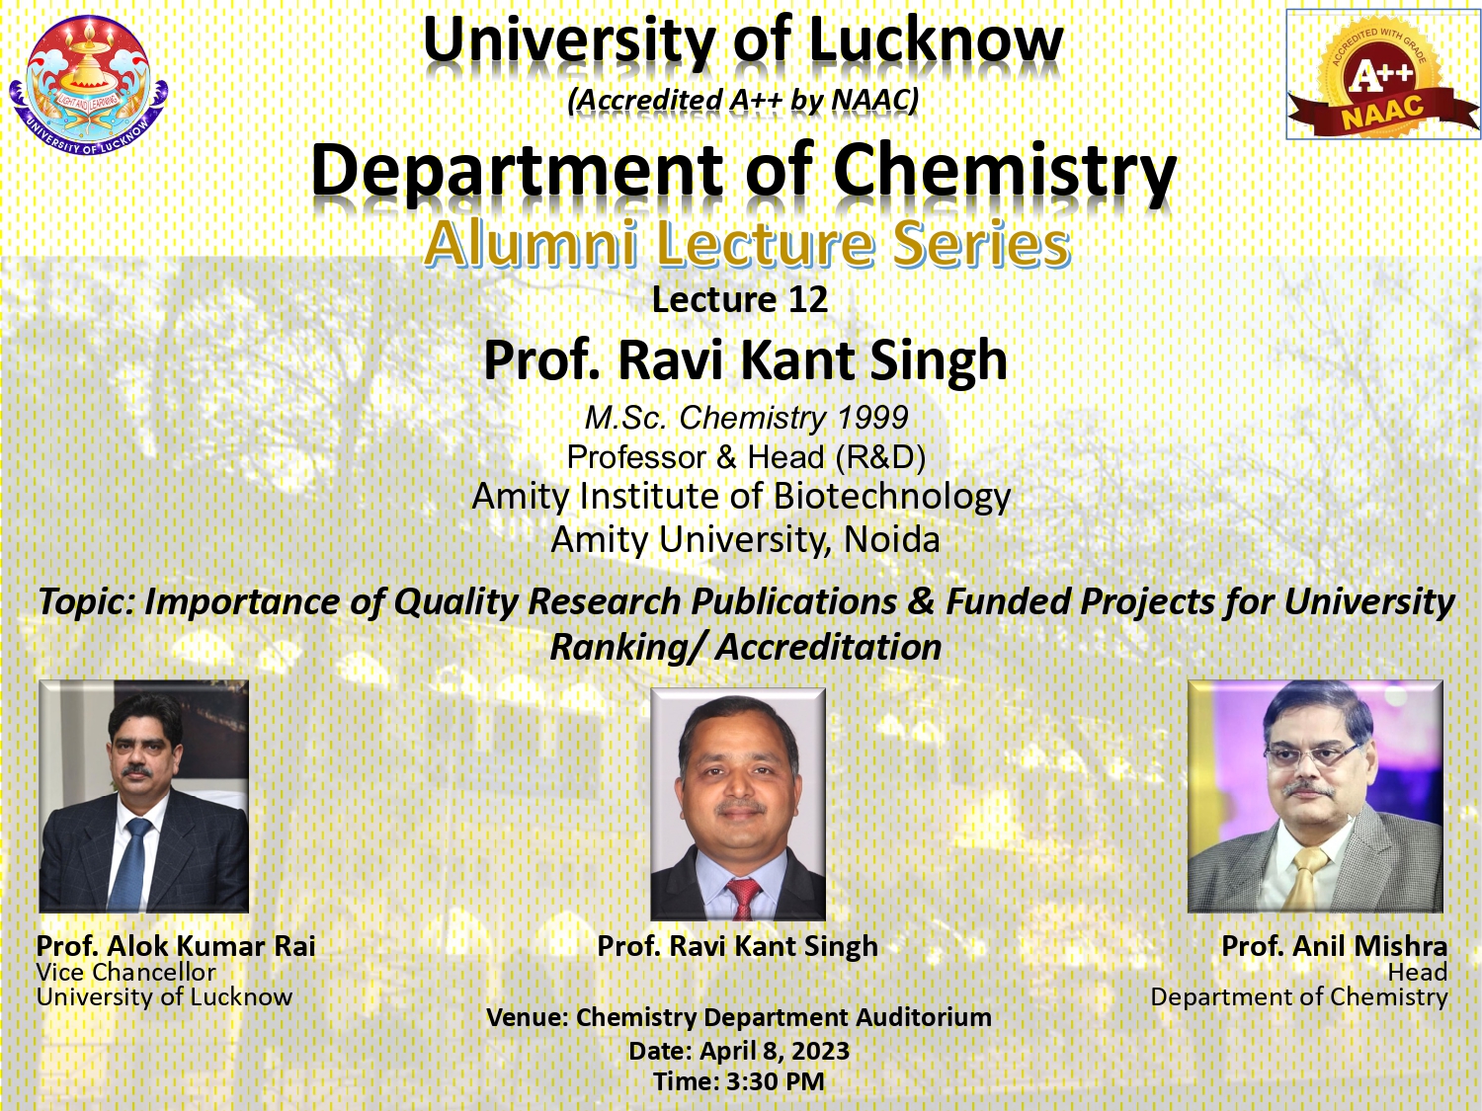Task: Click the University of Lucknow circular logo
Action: coord(89,84)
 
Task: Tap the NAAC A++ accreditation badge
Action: coord(1383,74)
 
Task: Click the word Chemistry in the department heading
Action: coord(1006,171)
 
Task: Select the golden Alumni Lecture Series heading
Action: coord(747,244)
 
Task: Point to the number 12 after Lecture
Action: coord(807,299)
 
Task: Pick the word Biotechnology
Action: coord(891,497)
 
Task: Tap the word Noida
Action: coord(892,539)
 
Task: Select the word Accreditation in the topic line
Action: coord(828,647)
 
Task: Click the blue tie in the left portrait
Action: coord(130,862)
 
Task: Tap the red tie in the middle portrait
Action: coord(743,898)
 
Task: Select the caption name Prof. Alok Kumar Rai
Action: coord(176,946)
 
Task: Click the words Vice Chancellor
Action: coord(126,972)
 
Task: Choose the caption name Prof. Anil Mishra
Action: coord(1335,946)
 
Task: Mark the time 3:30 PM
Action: coord(776,1081)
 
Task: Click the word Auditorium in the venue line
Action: coord(925,1017)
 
